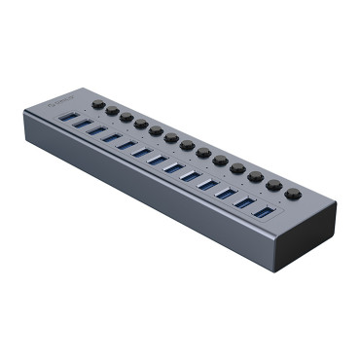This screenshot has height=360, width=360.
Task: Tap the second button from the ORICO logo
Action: [x=112, y=111]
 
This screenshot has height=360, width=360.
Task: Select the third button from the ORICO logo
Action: [x=126, y=117]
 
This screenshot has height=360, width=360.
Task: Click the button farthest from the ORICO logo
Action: [x=293, y=193]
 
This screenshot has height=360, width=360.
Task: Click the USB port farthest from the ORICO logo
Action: [x=262, y=210]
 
